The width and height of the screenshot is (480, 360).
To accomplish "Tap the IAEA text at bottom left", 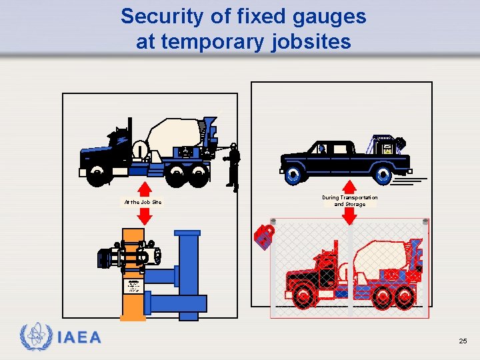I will [x=79, y=338].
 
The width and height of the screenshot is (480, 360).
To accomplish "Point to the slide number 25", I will [x=463, y=341].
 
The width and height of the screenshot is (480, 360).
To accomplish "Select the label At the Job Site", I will [x=143, y=202].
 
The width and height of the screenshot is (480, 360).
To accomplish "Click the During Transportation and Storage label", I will [x=349, y=201].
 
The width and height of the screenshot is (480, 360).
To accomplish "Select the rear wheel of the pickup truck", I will [x=383, y=175].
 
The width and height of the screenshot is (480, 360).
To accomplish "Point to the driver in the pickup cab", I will [x=321, y=149].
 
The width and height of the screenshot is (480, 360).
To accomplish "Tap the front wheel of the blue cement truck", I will [x=98, y=175].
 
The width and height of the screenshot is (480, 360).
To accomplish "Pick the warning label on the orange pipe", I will [x=133, y=286].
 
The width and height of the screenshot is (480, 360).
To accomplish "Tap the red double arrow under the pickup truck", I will [x=349, y=191].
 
